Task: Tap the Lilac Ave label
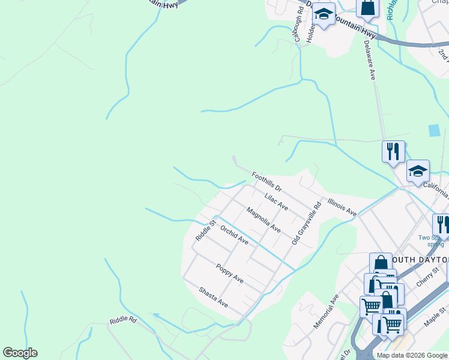pyautogui.click(x=277, y=202)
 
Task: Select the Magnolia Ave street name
pyautogui.click(x=264, y=220)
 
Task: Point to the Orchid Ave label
pyautogui.click(x=234, y=235)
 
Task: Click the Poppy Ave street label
pyautogui.click(x=230, y=274)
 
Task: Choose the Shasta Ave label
pyautogui.click(x=214, y=296)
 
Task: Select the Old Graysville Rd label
pyautogui.click(x=307, y=223)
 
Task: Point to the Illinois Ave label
pyautogui.click(x=342, y=208)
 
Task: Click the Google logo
pyautogui.click(x=20, y=353)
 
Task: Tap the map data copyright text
pyautogui.click(x=411, y=355)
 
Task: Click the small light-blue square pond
pyautogui.click(x=434, y=130)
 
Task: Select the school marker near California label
pyautogui.click(x=418, y=170)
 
